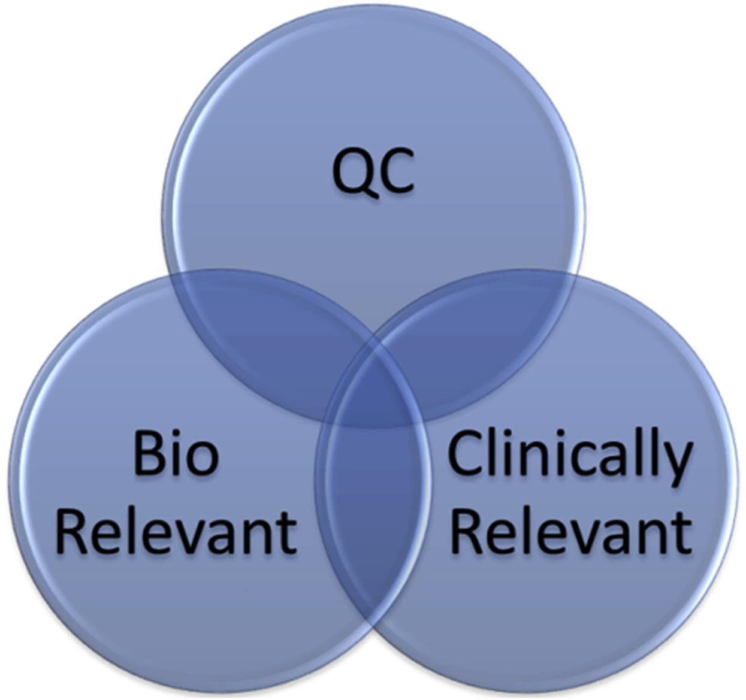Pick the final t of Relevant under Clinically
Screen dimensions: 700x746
click(x=684, y=531)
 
